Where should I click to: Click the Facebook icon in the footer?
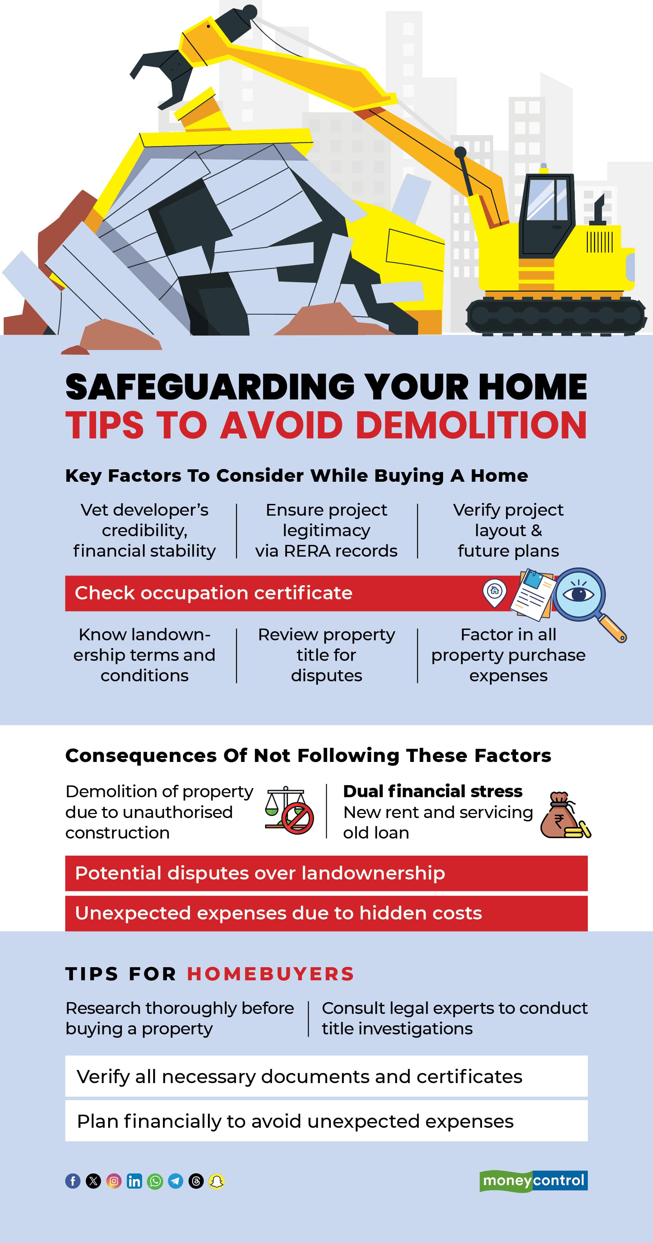coord(73,1181)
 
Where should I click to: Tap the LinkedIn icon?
coord(134,1181)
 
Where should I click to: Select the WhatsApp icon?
coord(155,1181)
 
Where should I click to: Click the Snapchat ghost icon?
coord(217,1181)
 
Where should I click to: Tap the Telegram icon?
coord(176,1181)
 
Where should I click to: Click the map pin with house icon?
coord(494,592)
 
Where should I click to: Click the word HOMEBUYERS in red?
coord(270,974)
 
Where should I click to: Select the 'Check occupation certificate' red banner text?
coord(213,593)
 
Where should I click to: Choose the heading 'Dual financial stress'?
coord(432,791)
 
